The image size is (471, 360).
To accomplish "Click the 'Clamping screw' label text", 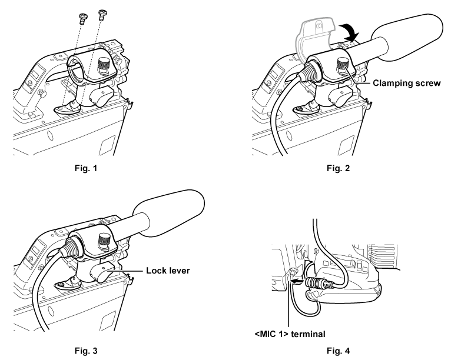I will (x=407, y=84).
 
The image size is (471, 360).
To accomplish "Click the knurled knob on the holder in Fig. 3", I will (x=104, y=239).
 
